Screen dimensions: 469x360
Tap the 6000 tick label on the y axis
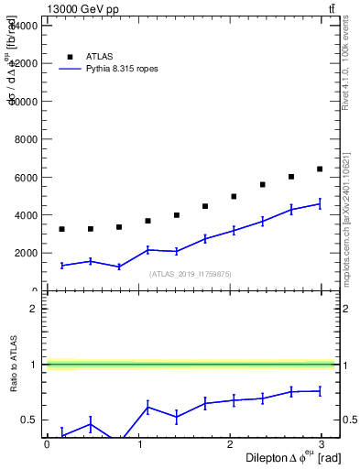tap(25, 177)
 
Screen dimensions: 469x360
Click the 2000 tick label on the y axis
tap(25, 253)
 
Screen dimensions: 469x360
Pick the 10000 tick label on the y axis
tap(22, 102)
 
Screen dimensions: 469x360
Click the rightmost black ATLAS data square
tap(320, 169)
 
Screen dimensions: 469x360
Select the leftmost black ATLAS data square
tap(61, 229)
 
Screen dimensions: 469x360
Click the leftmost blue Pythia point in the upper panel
tap(61, 266)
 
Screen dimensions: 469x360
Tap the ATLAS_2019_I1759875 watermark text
tap(190, 273)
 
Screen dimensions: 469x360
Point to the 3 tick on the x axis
tap(324, 443)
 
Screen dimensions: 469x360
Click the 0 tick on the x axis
tap(47, 443)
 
